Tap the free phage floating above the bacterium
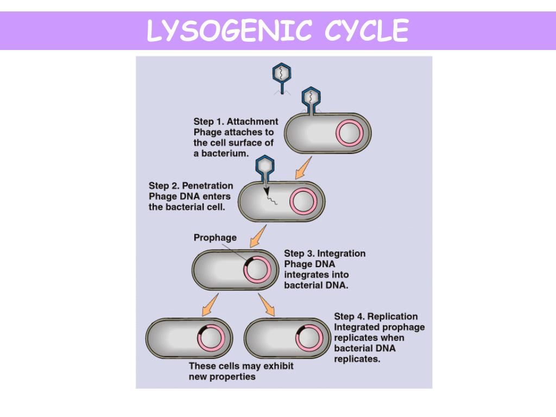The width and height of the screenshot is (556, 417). pyautogui.click(x=282, y=77)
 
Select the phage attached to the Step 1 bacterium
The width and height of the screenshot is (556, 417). pyautogui.click(x=311, y=100)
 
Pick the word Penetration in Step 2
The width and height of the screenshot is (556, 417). pyautogui.click(x=208, y=186)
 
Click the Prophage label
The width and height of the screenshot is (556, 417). pyautogui.click(x=215, y=237)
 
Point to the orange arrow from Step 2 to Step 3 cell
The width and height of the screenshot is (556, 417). pyautogui.click(x=258, y=237)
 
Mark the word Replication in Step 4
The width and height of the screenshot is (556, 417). pyautogui.click(x=393, y=317)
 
